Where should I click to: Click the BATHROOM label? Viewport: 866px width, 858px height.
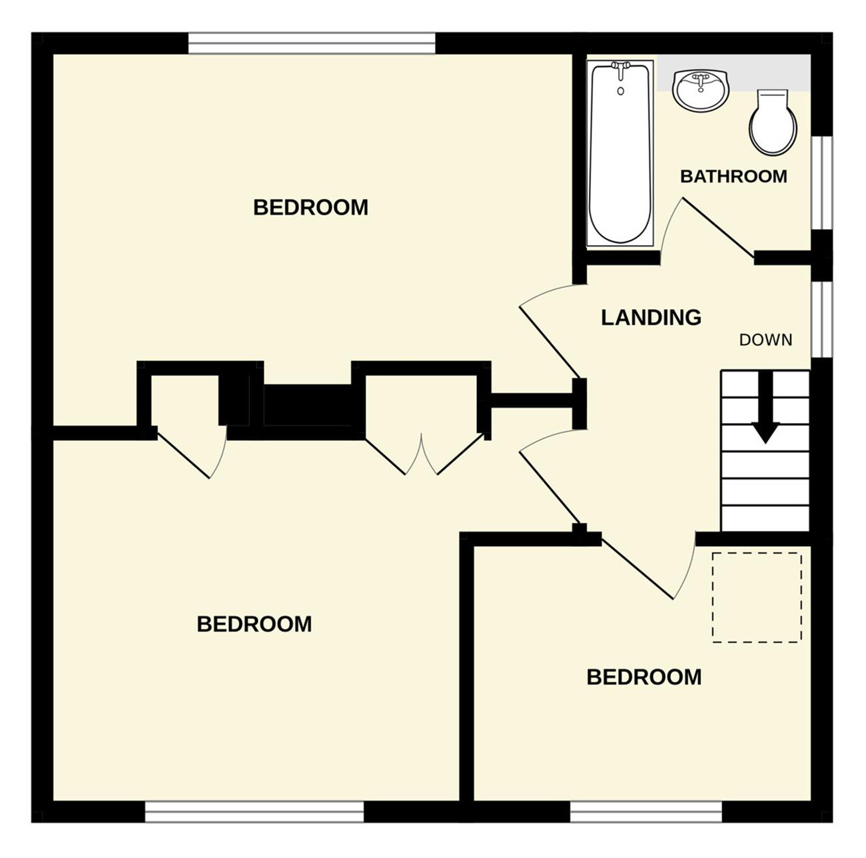point(733,176)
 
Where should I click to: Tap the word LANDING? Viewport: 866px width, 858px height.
point(651,317)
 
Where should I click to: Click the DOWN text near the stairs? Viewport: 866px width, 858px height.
point(766,340)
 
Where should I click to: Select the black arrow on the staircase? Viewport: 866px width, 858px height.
point(766,407)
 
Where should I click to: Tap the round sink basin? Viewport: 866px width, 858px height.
point(701,91)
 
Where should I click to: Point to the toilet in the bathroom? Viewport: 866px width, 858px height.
point(773,123)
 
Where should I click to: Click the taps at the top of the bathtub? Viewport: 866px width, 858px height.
point(621,67)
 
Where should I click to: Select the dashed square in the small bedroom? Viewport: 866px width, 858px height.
point(757,598)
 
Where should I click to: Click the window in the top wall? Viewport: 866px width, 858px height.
point(312,43)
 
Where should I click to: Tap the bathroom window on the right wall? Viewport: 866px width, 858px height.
point(822,183)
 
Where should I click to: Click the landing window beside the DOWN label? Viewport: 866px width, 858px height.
point(822,320)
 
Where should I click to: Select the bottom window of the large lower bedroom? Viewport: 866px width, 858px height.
point(254,811)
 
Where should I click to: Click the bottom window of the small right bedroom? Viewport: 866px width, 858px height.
point(646,811)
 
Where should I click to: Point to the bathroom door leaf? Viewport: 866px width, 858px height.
point(719,228)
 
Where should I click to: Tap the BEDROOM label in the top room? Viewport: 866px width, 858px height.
point(310,207)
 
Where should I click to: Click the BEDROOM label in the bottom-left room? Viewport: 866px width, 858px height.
point(254,624)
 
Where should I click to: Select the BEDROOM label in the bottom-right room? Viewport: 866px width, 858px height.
point(644,677)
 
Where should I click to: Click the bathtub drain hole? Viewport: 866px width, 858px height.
point(621,91)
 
